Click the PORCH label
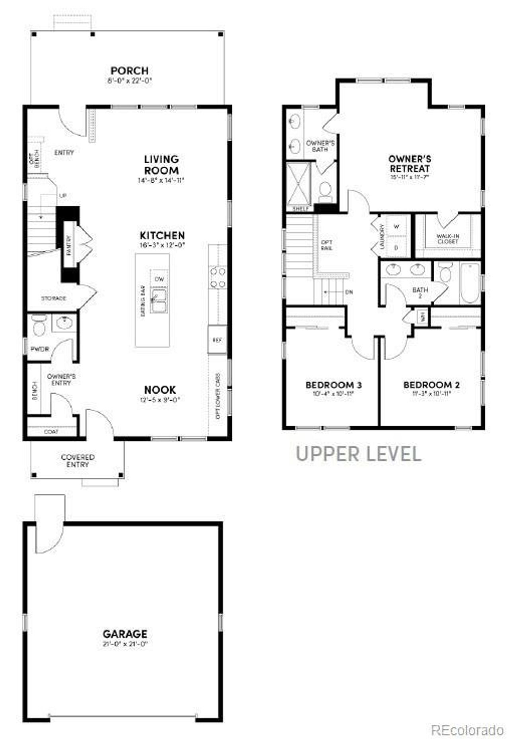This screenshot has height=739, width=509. (x=129, y=71)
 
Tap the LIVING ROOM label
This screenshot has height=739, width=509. (x=161, y=165)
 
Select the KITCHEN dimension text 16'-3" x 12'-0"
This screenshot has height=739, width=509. (x=162, y=245)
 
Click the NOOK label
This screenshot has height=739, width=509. (x=160, y=390)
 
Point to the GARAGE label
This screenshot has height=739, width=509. (x=125, y=634)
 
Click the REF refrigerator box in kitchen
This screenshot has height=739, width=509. (x=217, y=340)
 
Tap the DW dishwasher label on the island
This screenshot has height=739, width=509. (x=159, y=279)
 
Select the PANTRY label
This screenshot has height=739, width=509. (x=69, y=245)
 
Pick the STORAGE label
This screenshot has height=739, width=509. (x=54, y=298)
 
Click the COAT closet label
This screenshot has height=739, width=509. (x=51, y=432)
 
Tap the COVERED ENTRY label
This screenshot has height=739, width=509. (x=78, y=461)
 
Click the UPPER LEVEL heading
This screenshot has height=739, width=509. (x=359, y=454)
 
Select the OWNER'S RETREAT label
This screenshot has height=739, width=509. (x=410, y=163)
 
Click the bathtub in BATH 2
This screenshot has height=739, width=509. (x=470, y=283)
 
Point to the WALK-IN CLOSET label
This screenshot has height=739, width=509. (x=448, y=239)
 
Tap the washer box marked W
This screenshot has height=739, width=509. (x=396, y=227)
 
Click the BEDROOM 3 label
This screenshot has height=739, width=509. (x=333, y=385)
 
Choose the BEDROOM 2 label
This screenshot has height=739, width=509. (x=431, y=385)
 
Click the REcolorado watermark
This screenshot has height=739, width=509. (x=468, y=730)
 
